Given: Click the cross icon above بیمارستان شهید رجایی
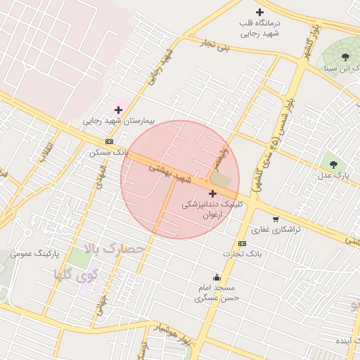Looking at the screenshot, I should pos(118,109).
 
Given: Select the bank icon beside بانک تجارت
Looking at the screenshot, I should pos(243,243).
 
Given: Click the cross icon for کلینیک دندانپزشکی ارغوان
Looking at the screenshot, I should pos(212,193).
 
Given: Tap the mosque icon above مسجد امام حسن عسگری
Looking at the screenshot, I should pos(217,277).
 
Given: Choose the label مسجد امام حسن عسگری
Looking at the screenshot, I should pos(217,292).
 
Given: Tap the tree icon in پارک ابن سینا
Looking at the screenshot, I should pos(345,56).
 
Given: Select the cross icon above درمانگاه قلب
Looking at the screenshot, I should pos(260,12).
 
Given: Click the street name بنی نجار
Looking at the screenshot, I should pos(213,46).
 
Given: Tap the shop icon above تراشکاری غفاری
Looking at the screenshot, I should pos(276,219).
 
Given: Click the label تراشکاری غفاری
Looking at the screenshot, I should pos(276,230).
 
